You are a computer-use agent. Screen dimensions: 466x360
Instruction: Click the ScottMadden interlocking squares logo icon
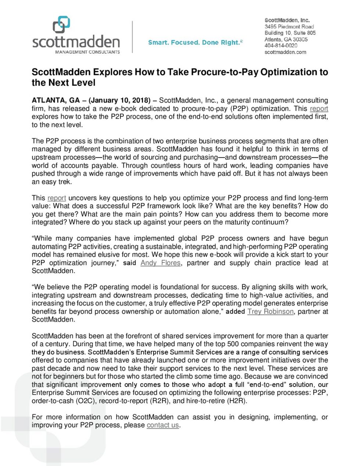(x=61, y=25)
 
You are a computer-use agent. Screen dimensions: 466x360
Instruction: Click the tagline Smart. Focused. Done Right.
(x=195, y=43)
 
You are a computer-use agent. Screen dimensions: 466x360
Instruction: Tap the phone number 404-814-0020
(x=281, y=46)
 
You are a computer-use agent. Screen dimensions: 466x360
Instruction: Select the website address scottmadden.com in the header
(x=285, y=52)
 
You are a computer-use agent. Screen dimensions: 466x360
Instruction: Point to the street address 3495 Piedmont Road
(x=289, y=26)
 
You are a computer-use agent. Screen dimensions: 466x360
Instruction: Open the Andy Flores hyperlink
(x=161, y=263)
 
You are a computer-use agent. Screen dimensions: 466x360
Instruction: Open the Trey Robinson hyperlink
(x=270, y=311)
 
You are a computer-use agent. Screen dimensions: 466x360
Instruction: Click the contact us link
(x=163, y=425)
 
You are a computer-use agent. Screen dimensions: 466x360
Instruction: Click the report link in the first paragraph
(x=319, y=108)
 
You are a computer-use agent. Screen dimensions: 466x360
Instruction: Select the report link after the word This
(x=57, y=198)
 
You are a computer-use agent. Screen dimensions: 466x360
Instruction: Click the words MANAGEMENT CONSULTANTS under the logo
(x=87, y=52)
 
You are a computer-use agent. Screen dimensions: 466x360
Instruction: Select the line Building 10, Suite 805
(x=290, y=33)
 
